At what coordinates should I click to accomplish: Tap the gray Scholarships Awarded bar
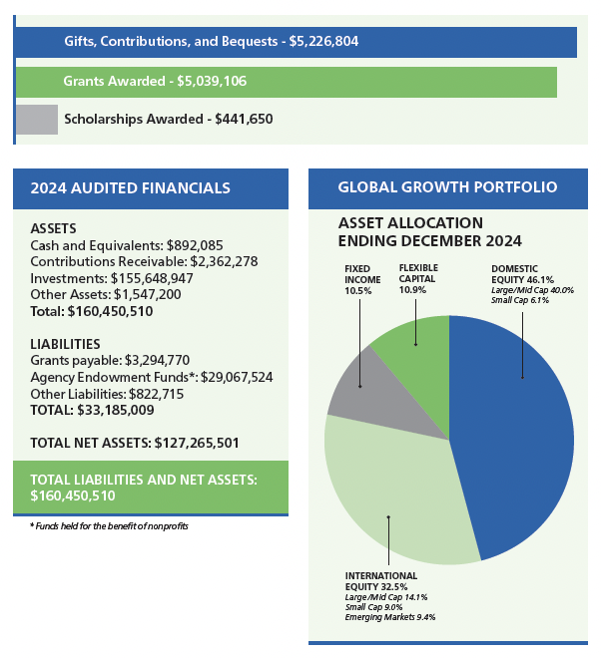[x=37, y=119]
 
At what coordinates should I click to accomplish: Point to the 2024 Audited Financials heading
[x=130, y=187]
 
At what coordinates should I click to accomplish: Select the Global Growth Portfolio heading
[x=447, y=187]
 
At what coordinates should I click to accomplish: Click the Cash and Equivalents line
[x=127, y=245]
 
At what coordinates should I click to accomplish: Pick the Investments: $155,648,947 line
[x=112, y=278]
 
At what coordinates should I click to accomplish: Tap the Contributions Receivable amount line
[x=145, y=261]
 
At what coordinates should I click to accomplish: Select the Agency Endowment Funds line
[x=152, y=377]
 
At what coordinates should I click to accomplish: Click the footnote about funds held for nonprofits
[x=109, y=525]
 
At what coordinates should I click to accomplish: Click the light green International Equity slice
[x=389, y=489]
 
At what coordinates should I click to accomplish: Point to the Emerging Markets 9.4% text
[x=390, y=618]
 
